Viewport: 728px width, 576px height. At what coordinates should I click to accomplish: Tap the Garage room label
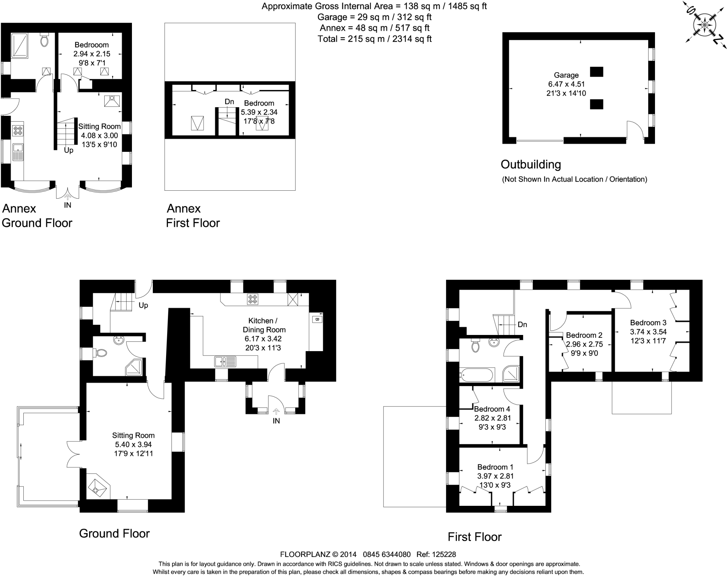566,75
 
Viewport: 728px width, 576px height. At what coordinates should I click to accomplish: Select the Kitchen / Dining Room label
264,325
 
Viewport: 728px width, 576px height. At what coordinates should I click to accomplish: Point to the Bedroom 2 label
584,335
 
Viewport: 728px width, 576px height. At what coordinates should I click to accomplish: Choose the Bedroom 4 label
492,409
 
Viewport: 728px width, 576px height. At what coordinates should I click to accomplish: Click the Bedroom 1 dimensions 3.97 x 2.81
495,476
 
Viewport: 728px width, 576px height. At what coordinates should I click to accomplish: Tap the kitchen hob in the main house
252,299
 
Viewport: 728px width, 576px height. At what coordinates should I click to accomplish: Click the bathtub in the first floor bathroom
477,375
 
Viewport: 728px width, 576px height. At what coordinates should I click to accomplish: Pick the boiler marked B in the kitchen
317,319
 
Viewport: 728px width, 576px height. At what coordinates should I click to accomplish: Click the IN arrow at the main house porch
276,411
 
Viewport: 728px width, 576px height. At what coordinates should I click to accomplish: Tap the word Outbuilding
531,164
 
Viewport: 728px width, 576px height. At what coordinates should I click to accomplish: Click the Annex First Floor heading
193,216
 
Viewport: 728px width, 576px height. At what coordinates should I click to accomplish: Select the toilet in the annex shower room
45,40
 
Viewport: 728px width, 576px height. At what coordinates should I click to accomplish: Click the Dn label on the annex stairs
229,102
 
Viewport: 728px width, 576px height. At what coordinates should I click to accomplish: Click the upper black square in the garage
596,72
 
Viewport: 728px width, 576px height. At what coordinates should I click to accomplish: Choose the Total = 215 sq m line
374,39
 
